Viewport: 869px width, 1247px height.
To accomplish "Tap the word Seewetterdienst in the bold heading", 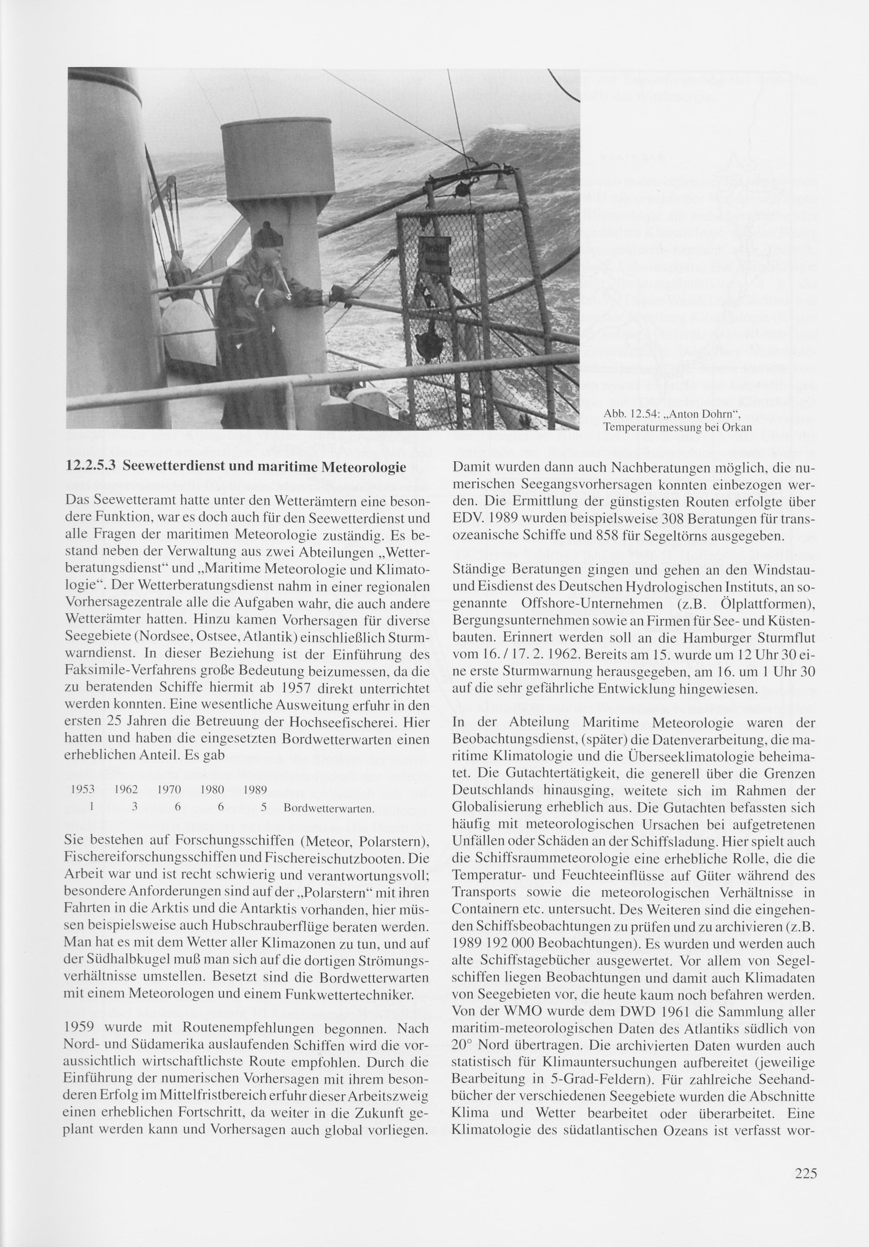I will tap(183, 467).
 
